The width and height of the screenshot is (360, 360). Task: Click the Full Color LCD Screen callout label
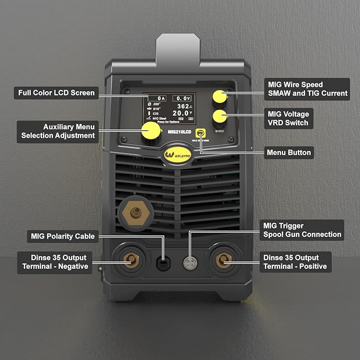click(x=56, y=93)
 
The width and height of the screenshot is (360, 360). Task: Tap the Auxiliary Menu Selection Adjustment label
click(x=58, y=131)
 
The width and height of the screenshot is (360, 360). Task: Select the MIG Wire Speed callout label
click(x=306, y=89)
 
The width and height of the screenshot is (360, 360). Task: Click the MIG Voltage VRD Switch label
click(x=288, y=118)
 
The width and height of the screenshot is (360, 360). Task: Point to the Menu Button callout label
click(x=288, y=153)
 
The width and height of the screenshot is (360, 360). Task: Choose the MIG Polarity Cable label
click(x=63, y=236)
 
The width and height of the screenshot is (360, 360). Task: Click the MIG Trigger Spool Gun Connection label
click(x=302, y=230)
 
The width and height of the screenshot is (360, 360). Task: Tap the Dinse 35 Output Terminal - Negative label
click(x=54, y=262)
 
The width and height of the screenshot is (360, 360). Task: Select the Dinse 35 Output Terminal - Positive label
click(x=295, y=262)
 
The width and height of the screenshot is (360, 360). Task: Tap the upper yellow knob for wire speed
click(x=219, y=97)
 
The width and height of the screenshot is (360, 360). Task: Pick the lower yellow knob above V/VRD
click(x=219, y=116)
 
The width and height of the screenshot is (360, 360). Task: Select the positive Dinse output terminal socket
click(x=223, y=260)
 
